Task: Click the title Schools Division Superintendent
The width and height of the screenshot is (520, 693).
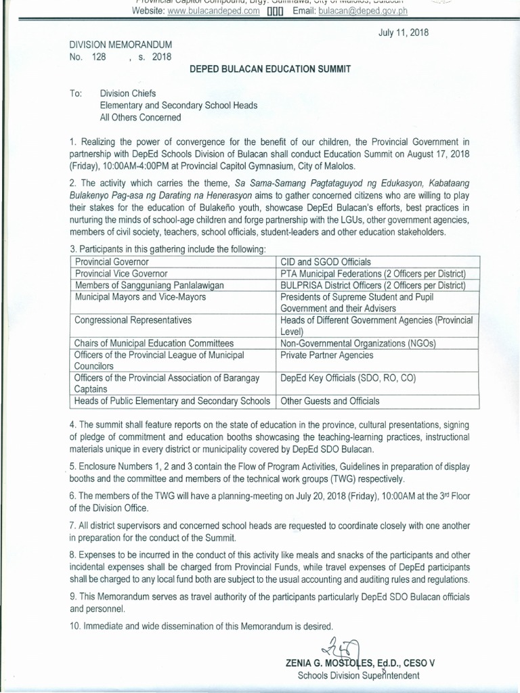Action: click(359, 675)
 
